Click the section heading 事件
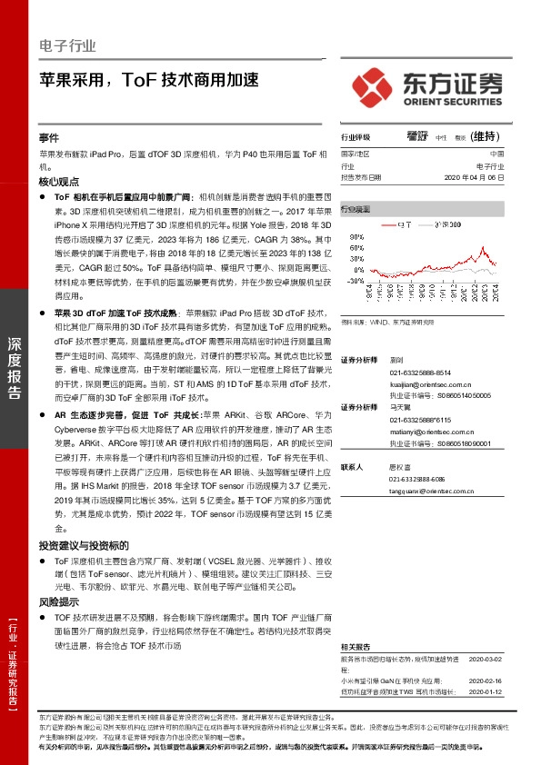point(49,137)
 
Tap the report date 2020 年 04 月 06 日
point(471,178)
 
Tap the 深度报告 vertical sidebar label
point(15,367)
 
